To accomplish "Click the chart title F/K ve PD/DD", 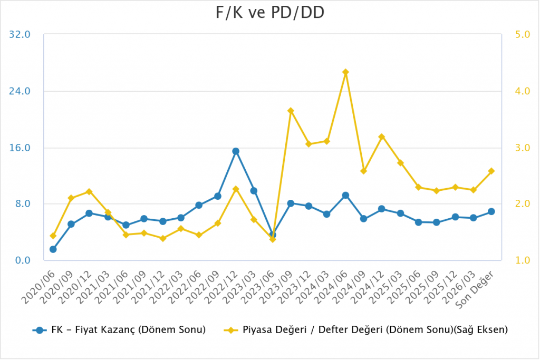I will coord(269,13).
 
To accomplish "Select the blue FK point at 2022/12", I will coord(236,151).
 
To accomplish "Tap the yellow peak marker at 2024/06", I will coord(345,72).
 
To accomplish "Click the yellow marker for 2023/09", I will coord(291,111).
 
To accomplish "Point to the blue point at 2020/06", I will coord(53,249).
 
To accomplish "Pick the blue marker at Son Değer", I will coord(491,211).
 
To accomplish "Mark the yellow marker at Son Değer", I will coord(491,171).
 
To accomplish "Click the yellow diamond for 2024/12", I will coord(382,137).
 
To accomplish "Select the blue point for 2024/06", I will coord(345,196).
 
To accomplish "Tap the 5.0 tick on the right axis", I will coord(522,35).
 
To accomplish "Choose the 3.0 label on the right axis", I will coord(522,148).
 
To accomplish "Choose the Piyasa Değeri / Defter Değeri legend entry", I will coord(366,330).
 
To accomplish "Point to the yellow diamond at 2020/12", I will coord(89,192).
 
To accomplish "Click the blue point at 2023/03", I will coord(254,191).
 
